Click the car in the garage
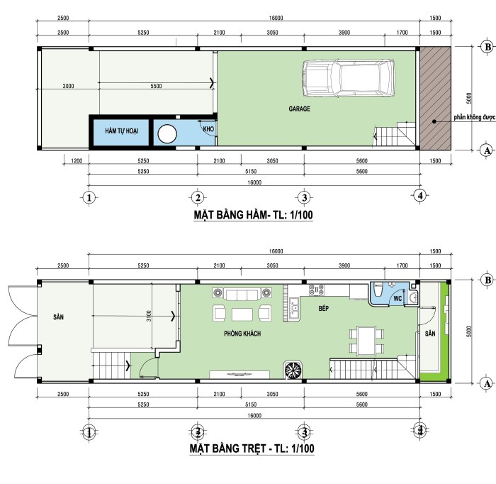tap(349, 78)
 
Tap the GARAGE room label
tap(299, 109)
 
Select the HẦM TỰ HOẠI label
tap(121, 131)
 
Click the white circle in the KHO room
tap(167, 134)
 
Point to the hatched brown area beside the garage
tap(435, 98)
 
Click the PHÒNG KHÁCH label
tap(242, 334)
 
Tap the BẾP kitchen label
tap(324, 308)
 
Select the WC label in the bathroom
tap(398, 298)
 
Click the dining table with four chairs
tap(366, 341)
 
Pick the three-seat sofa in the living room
tap(242, 294)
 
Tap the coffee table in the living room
tap(242, 315)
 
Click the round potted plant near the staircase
tap(293, 370)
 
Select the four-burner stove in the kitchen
tap(317, 290)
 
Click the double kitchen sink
tap(294, 309)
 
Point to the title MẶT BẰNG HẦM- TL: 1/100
tap(254, 215)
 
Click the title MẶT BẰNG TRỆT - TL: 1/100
tap(252, 449)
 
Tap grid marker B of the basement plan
tap(487, 48)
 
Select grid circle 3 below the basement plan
tap(304, 198)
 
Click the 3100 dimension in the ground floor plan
tap(149, 316)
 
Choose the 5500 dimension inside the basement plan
tap(156, 86)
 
